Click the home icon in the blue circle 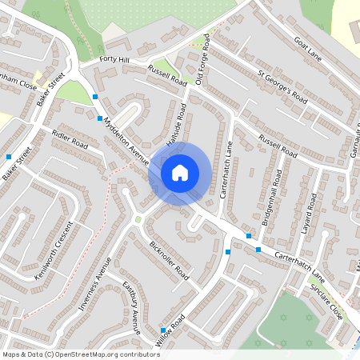click(180, 172)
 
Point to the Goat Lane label click(306, 49)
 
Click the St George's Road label click(282, 87)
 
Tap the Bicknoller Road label click(168, 260)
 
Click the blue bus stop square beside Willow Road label click(162, 330)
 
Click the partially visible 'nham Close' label click(18, 83)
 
